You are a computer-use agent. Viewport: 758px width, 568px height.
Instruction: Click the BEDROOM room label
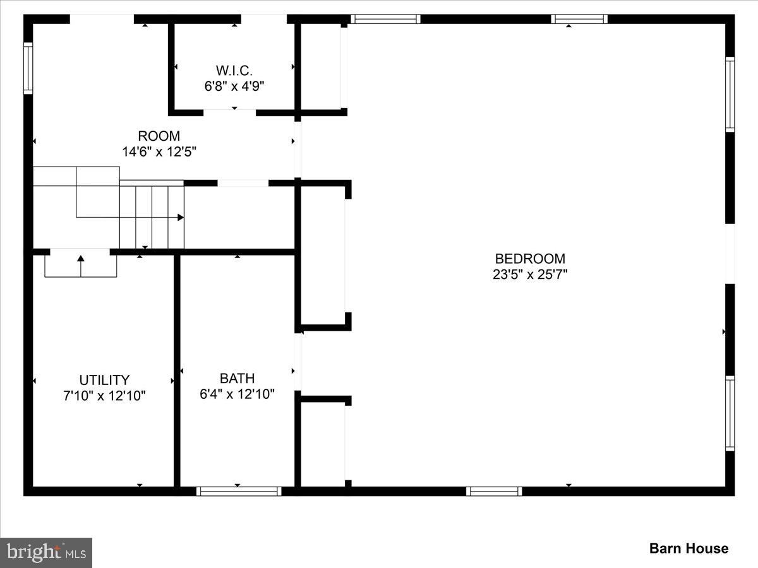530,259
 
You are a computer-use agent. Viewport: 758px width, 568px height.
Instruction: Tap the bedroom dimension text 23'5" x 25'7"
530,275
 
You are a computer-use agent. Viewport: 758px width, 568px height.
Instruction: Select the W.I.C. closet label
234,70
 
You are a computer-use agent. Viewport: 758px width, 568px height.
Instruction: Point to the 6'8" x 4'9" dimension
234,86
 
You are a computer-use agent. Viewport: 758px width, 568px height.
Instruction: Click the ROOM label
159,136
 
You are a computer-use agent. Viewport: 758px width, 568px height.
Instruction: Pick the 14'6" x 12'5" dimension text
159,151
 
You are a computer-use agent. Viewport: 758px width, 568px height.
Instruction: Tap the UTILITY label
104,380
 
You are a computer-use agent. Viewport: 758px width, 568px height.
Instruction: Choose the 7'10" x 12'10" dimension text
104,396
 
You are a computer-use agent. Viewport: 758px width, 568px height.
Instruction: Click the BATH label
238,379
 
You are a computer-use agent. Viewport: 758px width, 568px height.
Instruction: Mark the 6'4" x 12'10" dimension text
238,394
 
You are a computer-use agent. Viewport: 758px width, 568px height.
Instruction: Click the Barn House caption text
689,548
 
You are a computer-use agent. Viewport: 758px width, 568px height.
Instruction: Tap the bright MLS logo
46,553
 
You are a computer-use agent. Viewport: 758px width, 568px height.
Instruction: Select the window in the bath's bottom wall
239,491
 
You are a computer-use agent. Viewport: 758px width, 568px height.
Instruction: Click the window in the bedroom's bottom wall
494,491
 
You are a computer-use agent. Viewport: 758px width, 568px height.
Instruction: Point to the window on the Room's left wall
28,68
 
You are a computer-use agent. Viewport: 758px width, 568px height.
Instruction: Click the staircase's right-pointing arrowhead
181,217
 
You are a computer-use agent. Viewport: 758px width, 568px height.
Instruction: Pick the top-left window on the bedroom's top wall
385,19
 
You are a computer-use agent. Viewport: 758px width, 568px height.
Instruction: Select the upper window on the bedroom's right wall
730,94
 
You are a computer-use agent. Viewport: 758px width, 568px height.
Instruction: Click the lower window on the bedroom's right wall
730,413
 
